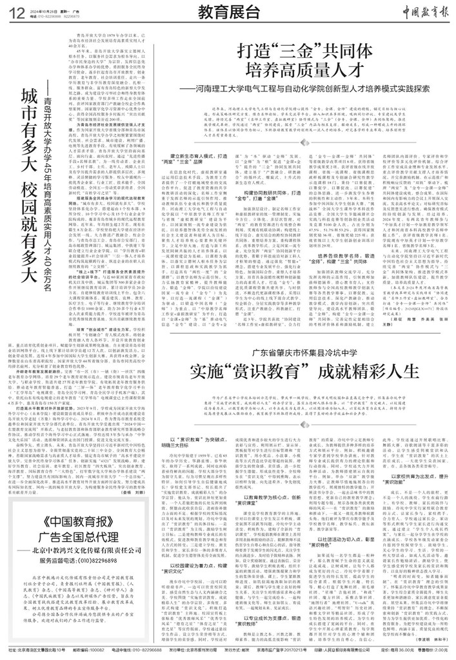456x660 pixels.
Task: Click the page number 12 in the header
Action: coord(15,11)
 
